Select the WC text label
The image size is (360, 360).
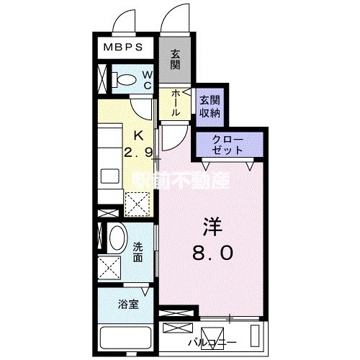click(146, 80)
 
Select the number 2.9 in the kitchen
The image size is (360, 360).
click(138, 153)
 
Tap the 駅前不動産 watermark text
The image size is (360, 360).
click(179, 181)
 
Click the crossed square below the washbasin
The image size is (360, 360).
click(109, 269)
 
